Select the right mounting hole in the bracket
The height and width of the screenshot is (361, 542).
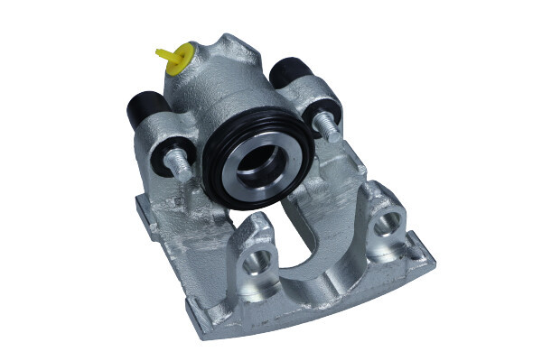(x=393, y=224)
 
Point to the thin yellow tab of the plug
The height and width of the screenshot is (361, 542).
(x=164, y=53)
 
